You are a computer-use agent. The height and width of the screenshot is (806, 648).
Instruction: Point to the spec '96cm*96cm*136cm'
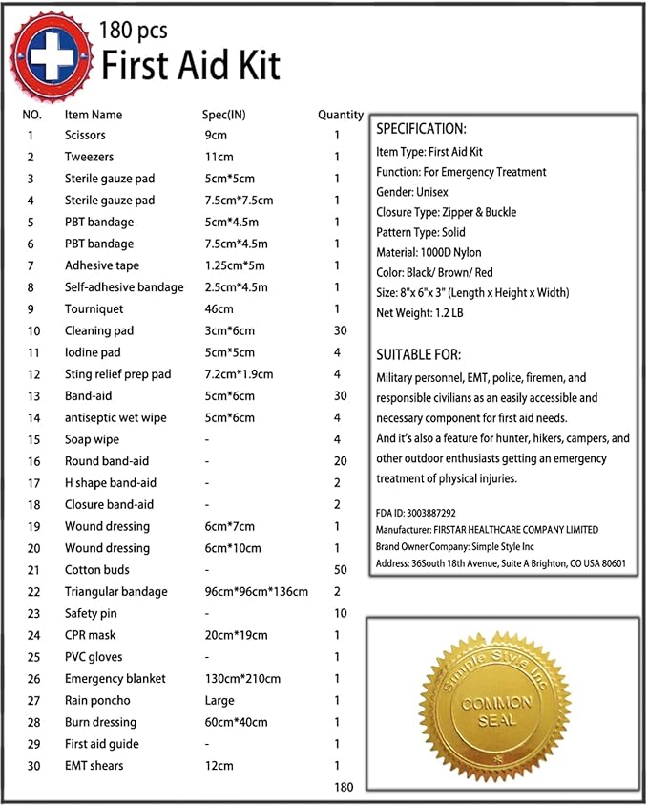255,592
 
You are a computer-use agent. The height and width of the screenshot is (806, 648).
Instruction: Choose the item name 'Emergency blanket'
115,679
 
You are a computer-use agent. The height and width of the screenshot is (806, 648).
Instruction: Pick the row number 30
33,766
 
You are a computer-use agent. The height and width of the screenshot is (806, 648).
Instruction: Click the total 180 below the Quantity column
345,788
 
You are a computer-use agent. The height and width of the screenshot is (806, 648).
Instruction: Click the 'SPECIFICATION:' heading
421,129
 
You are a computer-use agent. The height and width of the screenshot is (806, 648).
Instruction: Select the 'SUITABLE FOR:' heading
419,354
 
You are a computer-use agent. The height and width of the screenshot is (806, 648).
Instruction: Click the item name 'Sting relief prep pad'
117,374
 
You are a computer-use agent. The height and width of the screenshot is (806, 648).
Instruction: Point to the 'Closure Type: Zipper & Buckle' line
446,212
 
